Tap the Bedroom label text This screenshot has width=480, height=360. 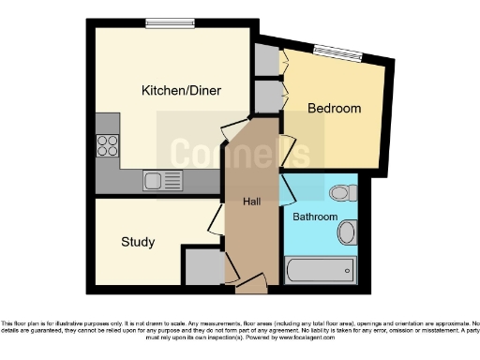click(x=335, y=109)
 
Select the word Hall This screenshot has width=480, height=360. click(x=252, y=202)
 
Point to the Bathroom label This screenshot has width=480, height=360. click(x=314, y=217)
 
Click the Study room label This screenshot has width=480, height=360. click(x=138, y=242)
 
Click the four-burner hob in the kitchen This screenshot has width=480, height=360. click(x=108, y=145)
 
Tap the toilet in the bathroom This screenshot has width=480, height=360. click(x=340, y=194)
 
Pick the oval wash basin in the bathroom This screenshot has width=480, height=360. click(x=347, y=232)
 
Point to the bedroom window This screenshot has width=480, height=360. click(x=336, y=53)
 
